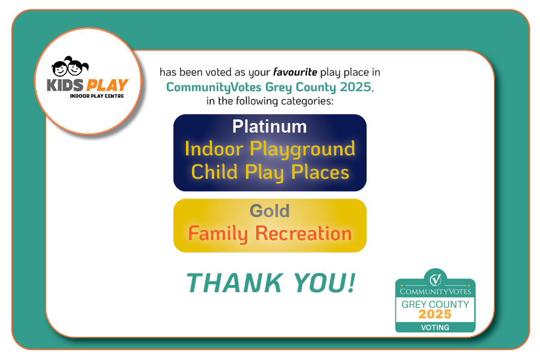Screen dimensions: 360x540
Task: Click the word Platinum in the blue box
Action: point(269,127)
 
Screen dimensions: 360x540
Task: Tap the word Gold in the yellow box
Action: point(269,211)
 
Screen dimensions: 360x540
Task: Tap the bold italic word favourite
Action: point(295,72)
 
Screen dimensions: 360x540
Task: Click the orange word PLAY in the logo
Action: point(107,85)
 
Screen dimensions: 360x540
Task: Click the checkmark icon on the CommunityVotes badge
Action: point(436,278)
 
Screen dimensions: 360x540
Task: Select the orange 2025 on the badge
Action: point(435,314)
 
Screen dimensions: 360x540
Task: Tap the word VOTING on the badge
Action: point(435,328)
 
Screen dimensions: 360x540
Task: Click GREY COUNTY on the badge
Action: point(435,304)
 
